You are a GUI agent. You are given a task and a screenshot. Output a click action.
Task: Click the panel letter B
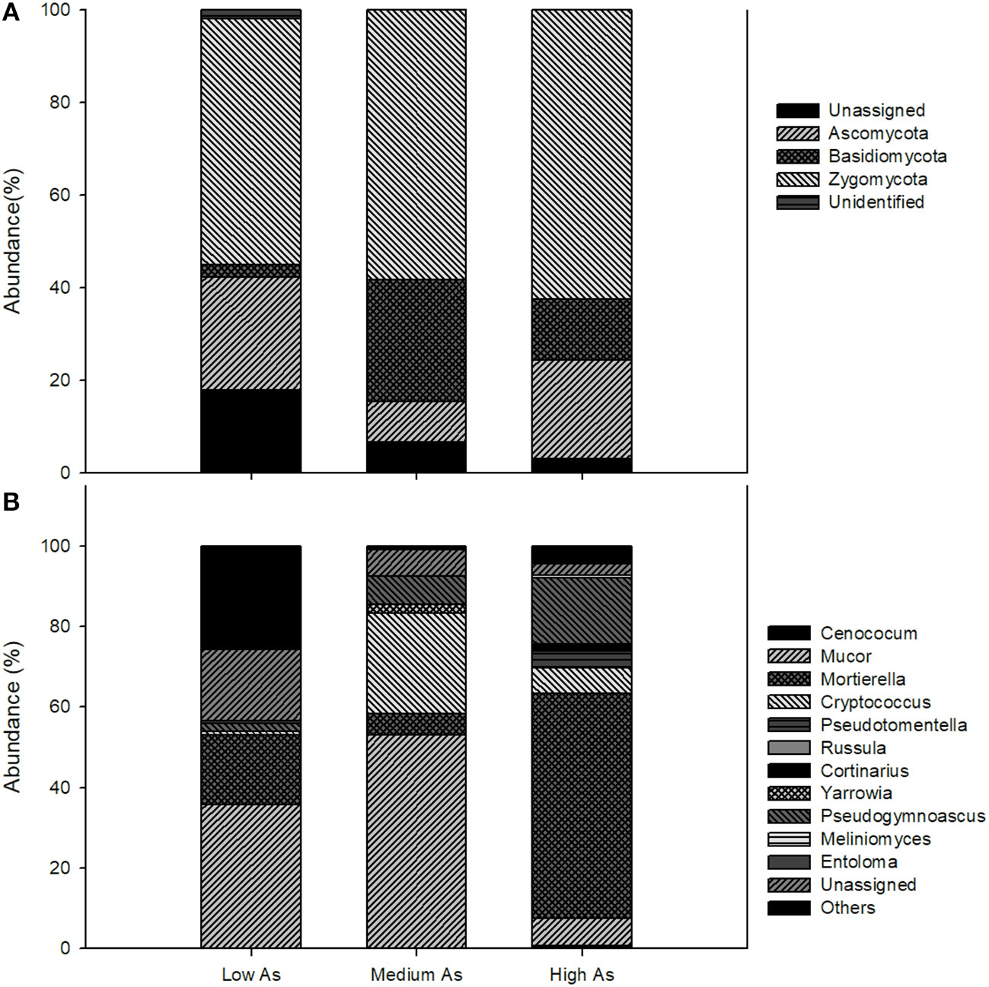pyautogui.click(x=11, y=503)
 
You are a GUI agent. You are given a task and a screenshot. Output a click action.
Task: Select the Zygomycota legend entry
pyautogui.click(x=877, y=180)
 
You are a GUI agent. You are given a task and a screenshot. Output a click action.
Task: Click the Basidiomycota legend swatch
pyautogui.click(x=797, y=157)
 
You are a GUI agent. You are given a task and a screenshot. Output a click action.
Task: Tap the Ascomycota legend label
pyautogui.click(x=878, y=134)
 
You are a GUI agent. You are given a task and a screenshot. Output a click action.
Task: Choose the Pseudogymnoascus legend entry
pyautogui.click(x=902, y=817)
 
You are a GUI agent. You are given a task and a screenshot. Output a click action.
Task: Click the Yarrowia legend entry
pyautogui.click(x=856, y=794)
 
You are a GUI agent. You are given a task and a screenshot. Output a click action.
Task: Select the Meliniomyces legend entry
pyautogui.click(x=875, y=839)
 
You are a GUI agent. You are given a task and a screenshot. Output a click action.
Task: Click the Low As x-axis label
pyautogui.click(x=250, y=975)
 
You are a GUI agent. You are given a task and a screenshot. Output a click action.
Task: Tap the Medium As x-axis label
pyautogui.click(x=416, y=975)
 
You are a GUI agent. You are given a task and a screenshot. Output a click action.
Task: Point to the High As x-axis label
pyautogui.click(x=582, y=975)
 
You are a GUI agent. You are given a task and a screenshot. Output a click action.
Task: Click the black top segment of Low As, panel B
pyautogui.click(x=250, y=597)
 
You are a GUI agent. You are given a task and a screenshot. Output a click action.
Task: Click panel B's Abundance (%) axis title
pyautogui.click(x=13, y=716)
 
